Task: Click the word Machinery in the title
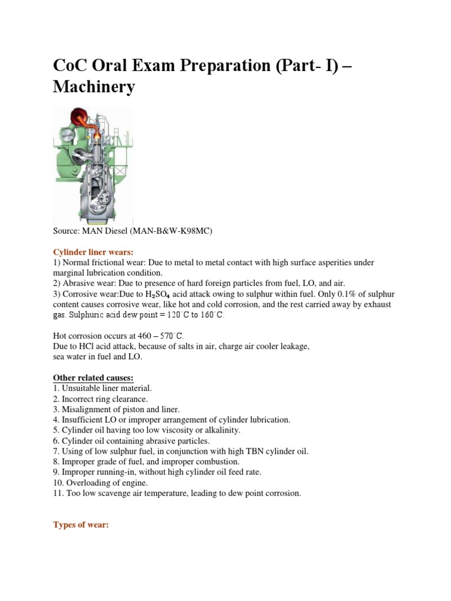[x=94, y=87]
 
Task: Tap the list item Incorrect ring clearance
[x=105, y=399]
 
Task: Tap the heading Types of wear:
[x=81, y=525]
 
